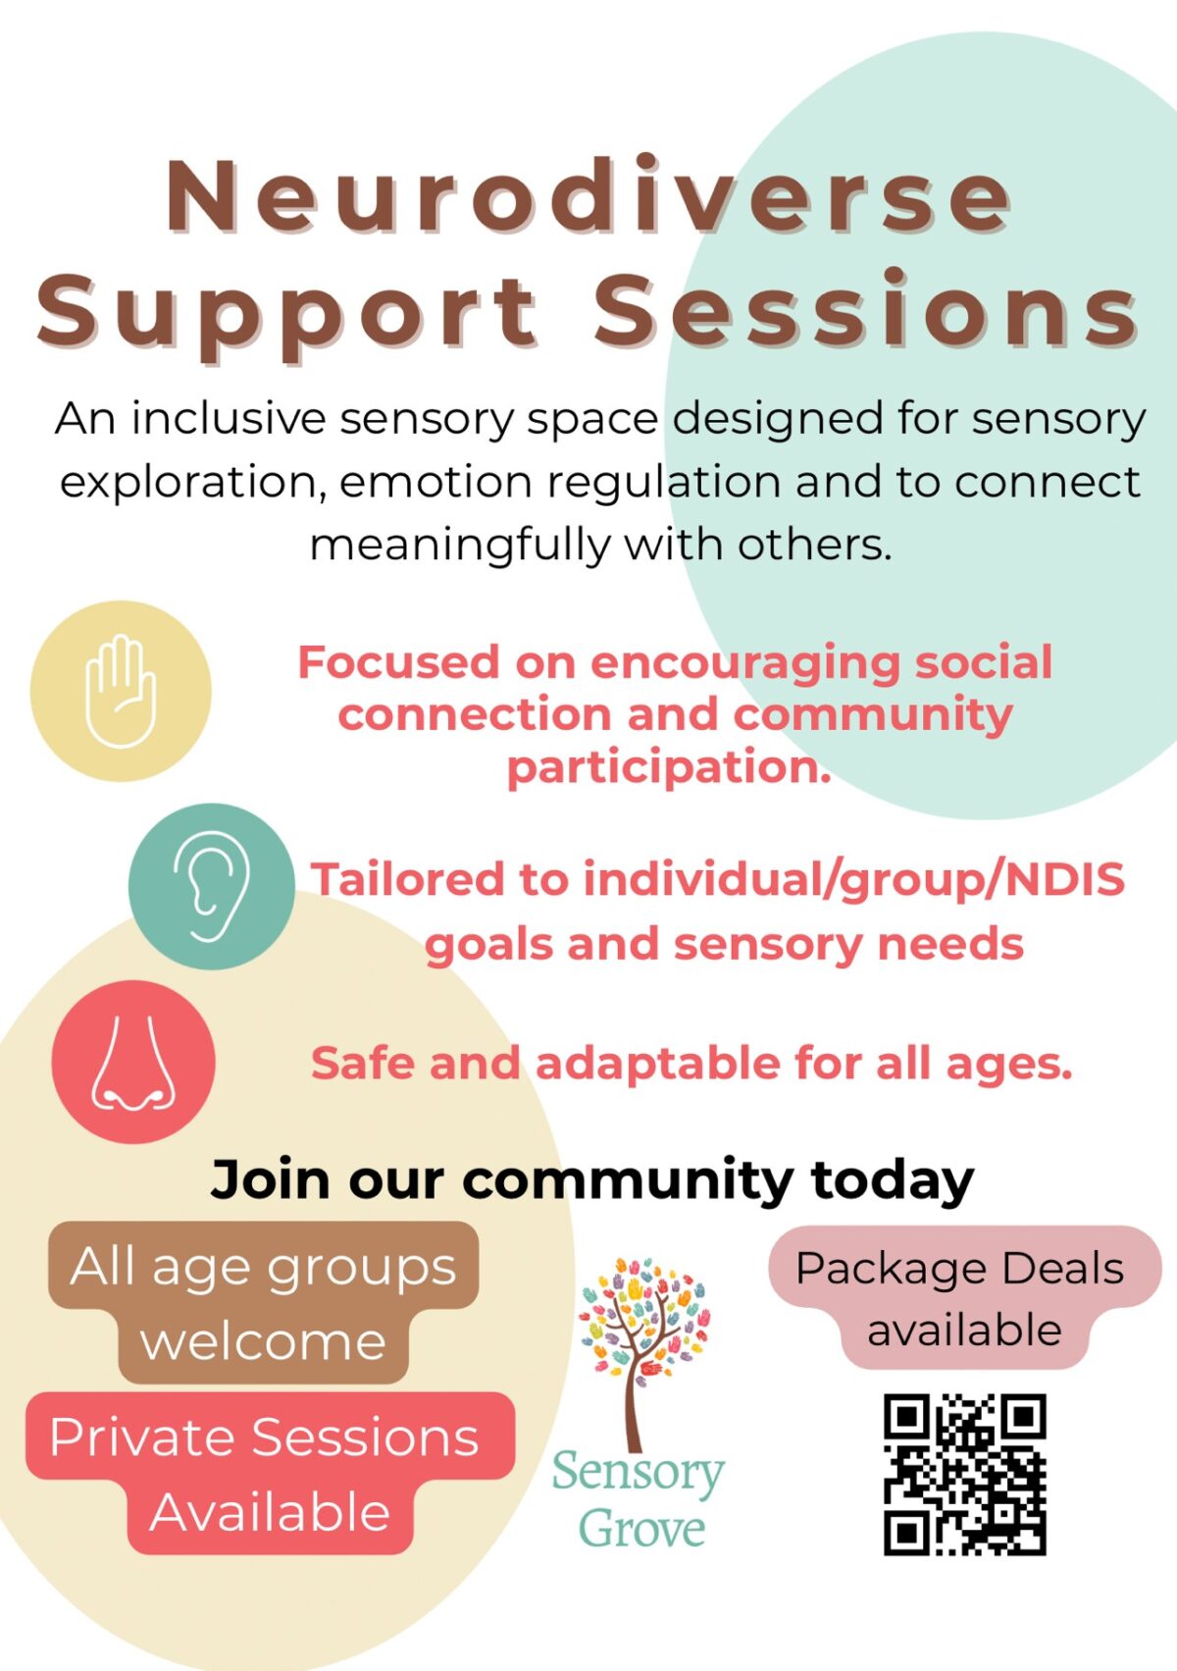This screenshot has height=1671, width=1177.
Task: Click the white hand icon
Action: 121,691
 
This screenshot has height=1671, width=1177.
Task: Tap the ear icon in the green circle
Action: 212,886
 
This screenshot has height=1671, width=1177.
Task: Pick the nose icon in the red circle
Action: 133,1063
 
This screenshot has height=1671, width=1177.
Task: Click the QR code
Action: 964,1475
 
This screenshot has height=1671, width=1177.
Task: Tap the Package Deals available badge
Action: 964,1299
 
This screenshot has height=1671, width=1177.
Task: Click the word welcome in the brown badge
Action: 263,1342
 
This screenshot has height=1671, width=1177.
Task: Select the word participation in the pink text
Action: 669,768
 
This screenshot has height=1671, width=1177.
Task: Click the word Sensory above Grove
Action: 638,1474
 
